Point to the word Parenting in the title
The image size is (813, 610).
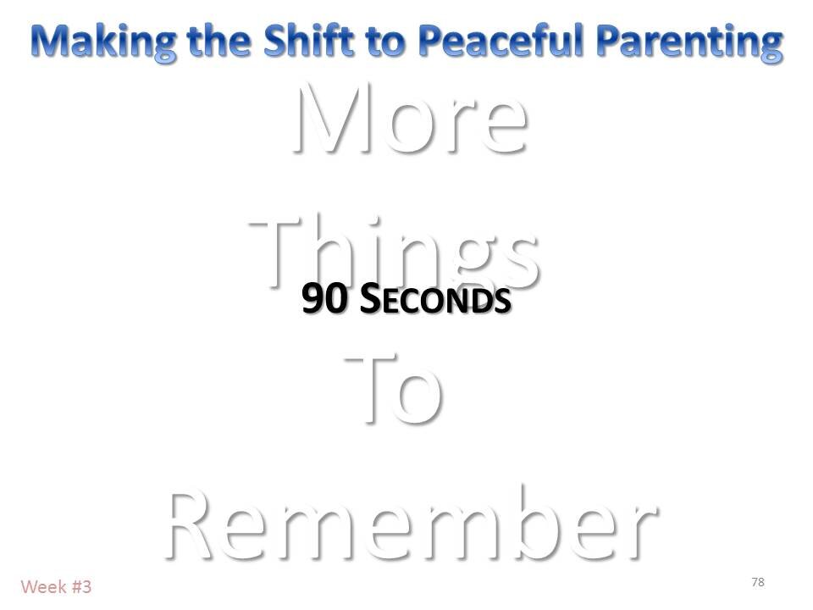[696, 40]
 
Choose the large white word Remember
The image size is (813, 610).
[409, 521]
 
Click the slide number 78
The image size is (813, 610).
[758, 581]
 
